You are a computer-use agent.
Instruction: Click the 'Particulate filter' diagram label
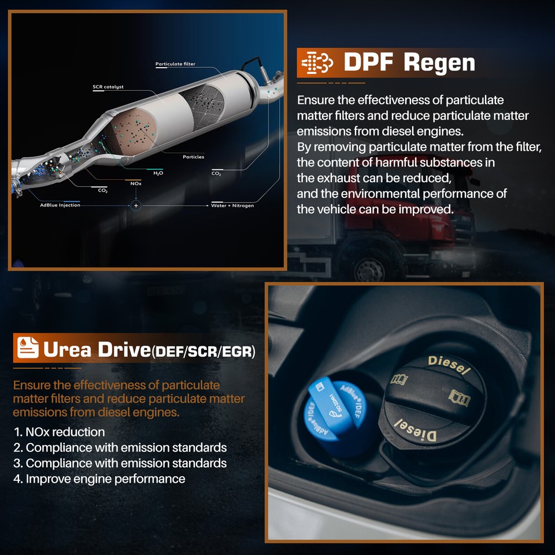click(x=175, y=64)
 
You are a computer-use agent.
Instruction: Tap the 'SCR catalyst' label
click(x=108, y=87)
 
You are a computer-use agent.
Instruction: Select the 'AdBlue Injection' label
click(x=60, y=205)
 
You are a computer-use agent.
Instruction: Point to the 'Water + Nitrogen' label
click(x=232, y=205)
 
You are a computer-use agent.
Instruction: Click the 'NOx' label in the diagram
click(x=136, y=183)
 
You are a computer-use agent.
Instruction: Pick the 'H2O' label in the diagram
click(x=157, y=173)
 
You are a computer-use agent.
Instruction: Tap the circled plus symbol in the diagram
click(x=136, y=205)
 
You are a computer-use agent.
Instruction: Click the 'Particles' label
click(x=193, y=157)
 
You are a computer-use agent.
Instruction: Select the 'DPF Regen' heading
click(x=409, y=62)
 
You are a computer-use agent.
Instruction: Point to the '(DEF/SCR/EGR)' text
click(x=203, y=351)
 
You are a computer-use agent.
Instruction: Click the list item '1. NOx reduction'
click(x=59, y=432)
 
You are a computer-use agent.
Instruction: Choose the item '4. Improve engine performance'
click(x=99, y=479)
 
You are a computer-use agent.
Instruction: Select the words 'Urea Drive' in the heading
click(x=96, y=349)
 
